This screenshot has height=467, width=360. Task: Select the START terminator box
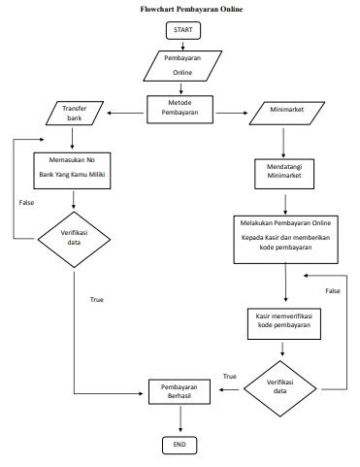pyautogui.click(x=182, y=31)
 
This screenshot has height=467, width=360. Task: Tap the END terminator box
pyautogui.click(x=180, y=445)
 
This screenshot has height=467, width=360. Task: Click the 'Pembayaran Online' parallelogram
pyautogui.click(x=182, y=65)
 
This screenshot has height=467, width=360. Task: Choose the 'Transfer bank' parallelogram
pyautogui.click(x=75, y=115)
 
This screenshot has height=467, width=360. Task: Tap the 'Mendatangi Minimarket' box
pyautogui.click(x=283, y=172)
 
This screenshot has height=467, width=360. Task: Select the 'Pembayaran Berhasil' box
pyautogui.click(x=180, y=391)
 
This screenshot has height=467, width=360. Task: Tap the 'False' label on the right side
pyautogui.click(x=333, y=291)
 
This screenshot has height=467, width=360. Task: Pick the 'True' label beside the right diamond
pyautogui.click(x=230, y=376)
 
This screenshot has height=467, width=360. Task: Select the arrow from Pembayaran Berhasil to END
pyautogui.click(x=180, y=419)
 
